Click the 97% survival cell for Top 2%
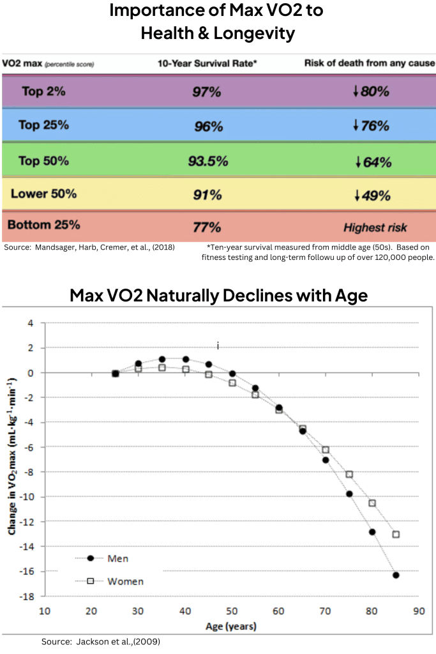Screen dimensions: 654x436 [x=206, y=92]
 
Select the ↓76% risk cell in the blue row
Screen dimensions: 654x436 [x=371, y=126]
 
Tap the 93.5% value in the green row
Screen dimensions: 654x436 [x=207, y=161]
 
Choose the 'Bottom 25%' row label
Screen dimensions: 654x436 [x=43, y=225]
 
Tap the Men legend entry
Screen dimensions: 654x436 [x=109, y=558]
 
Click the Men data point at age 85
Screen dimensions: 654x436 [x=396, y=575]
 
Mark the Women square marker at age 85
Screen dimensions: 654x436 [x=396, y=534]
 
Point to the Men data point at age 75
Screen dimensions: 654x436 [x=349, y=494]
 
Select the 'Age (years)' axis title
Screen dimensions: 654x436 [x=230, y=627]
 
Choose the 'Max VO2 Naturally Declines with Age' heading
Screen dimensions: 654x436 [x=218, y=296]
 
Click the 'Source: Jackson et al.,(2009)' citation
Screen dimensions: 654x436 [x=101, y=641]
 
